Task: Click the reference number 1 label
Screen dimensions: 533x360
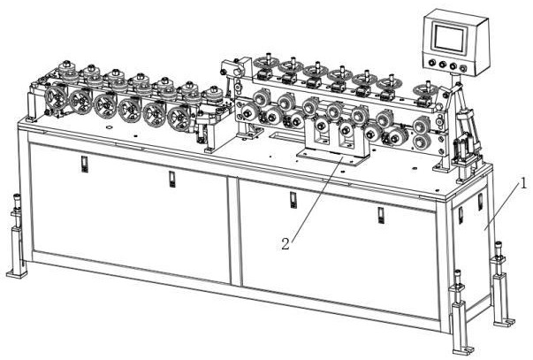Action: pyautogui.click(x=523, y=184)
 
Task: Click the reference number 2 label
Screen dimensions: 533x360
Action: pyautogui.click(x=286, y=244)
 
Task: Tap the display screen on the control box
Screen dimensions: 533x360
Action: pyautogui.click(x=449, y=37)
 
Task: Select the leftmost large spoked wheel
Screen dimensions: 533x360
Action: pyautogui.click(x=56, y=96)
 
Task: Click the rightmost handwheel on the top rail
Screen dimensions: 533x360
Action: pyautogui.click(x=426, y=90)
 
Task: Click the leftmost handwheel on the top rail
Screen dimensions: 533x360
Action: pyautogui.click(x=265, y=63)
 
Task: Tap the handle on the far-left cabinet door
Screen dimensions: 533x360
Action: pyautogui.click(x=84, y=165)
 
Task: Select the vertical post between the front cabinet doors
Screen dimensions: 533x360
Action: pyautogui.click(x=234, y=231)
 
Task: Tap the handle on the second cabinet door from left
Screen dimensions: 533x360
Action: pyautogui.click(x=172, y=180)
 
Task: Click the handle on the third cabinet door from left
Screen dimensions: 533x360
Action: pyautogui.click(x=293, y=200)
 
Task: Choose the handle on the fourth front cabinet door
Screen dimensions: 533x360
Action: pyautogui.click(x=381, y=216)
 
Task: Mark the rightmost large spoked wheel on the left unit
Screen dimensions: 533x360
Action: pyautogui.click(x=179, y=117)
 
